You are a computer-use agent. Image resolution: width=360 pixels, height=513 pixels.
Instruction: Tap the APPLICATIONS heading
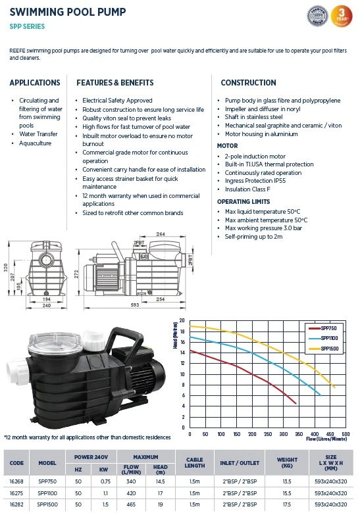point(35,83)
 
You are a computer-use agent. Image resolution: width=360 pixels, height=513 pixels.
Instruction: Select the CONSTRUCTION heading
point(248,83)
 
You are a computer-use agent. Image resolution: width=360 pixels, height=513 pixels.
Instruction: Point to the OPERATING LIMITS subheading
point(244,201)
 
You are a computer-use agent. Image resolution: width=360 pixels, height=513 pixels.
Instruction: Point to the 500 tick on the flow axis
point(346,435)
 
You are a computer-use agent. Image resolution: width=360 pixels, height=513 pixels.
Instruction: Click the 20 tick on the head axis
point(182,322)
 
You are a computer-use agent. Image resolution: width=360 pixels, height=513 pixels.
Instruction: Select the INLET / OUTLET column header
point(238,462)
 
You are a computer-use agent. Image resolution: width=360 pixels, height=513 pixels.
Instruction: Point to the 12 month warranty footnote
point(88,437)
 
